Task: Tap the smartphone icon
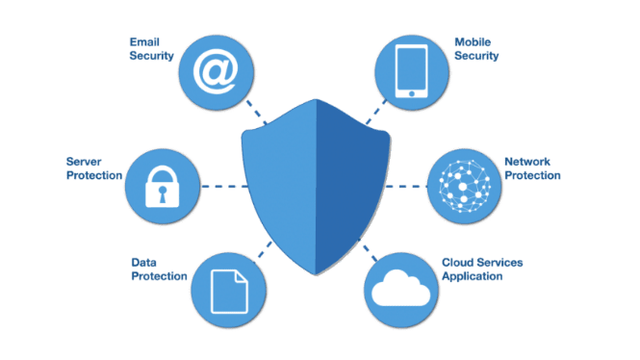(411, 68)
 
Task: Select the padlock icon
(163, 187)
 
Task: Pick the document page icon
(228, 288)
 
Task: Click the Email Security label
(151, 49)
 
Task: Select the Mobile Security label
(476, 49)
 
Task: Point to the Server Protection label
(93, 168)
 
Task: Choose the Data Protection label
(157, 269)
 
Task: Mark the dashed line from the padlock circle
(223, 186)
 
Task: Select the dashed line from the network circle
(405, 183)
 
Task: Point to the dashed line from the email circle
(255, 112)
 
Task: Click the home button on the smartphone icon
(411, 92)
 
